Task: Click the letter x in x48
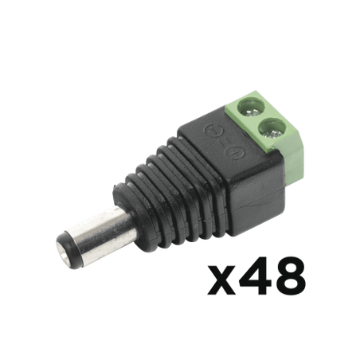(221, 280)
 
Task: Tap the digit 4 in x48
(255, 276)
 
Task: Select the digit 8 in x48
(290, 276)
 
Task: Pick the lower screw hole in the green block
(270, 129)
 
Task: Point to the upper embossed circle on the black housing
(213, 131)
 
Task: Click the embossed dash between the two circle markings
(224, 142)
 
